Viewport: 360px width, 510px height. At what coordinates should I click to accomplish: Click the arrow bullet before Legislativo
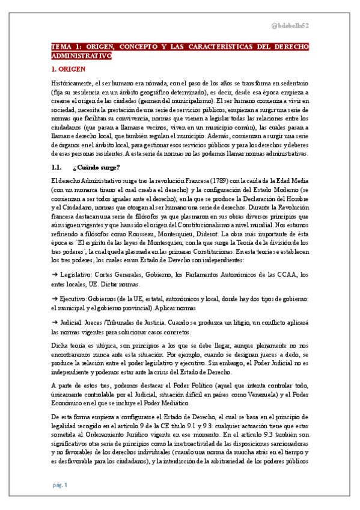(55, 274)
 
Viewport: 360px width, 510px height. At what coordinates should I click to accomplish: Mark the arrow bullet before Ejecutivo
(55, 299)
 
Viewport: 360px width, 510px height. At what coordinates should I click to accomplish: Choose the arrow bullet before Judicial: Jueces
(55, 323)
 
